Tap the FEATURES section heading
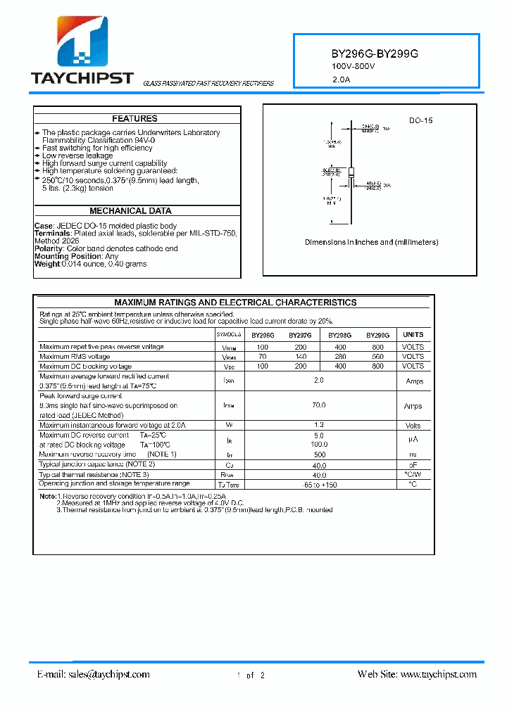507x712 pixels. (x=134, y=119)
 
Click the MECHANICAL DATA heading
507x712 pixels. (x=130, y=211)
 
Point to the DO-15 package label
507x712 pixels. (x=420, y=121)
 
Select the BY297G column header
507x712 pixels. (x=301, y=336)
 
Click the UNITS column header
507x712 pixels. (x=413, y=335)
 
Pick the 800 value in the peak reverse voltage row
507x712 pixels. (x=377, y=348)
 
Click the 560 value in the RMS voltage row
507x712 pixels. (x=377, y=357)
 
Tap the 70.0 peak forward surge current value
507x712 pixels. (x=319, y=405)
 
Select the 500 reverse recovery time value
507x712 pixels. (x=319, y=454)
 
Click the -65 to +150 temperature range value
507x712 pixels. (x=319, y=485)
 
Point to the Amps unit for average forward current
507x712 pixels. (x=413, y=381)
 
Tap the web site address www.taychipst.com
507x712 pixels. (x=438, y=674)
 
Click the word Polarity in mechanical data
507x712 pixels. (x=49, y=249)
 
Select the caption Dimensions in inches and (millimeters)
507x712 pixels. (x=371, y=242)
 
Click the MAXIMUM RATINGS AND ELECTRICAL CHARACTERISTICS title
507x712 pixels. (x=235, y=303)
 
